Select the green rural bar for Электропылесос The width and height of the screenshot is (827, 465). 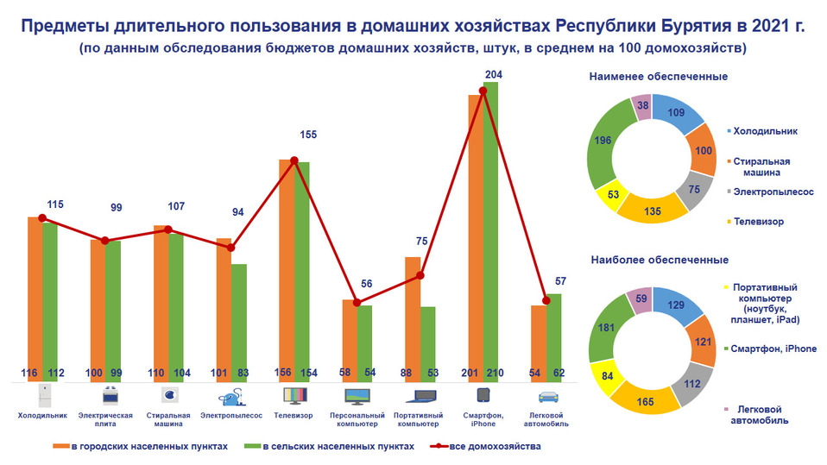(x=238, y=319)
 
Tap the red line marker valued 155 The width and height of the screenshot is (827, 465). (x=294, y=160)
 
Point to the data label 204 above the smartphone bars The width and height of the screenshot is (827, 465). (x=494, y=75)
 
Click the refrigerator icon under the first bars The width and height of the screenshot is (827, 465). (x=42, y=396)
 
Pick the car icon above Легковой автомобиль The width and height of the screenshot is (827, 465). (x=546, y=396)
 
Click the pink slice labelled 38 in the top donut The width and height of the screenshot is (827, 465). (x=641, y=105)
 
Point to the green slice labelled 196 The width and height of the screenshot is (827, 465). (x=603, y=141)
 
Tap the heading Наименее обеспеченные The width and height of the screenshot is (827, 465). (x=658, y=76)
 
